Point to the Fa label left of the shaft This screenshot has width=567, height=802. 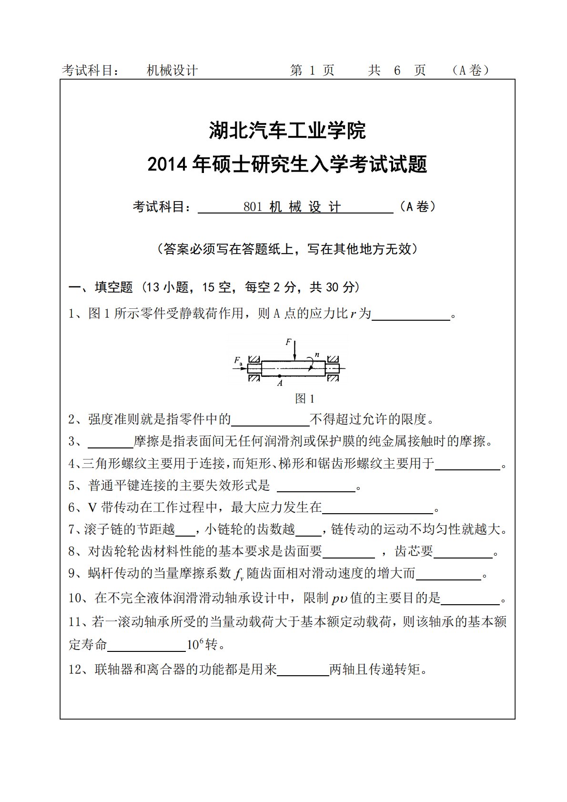tap(238, 361)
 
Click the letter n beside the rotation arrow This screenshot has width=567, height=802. tap(317, 355)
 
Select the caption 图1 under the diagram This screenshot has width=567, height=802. tap(304, 398)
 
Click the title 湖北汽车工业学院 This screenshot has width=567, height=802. tap(287, 131)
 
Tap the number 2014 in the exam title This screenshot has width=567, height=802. tap(168, 164)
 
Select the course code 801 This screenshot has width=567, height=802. tap(253, 207)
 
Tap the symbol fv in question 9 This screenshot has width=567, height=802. tap(239, 574)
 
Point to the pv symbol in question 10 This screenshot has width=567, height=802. tap(339, 599)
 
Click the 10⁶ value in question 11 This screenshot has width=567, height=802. tap(195, 645)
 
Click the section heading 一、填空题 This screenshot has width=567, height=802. tap(101, 287)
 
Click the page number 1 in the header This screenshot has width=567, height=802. tap(312, 71)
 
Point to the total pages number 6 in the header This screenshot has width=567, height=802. tap(397, 71)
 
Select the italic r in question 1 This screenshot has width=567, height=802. tap(353, 314)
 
